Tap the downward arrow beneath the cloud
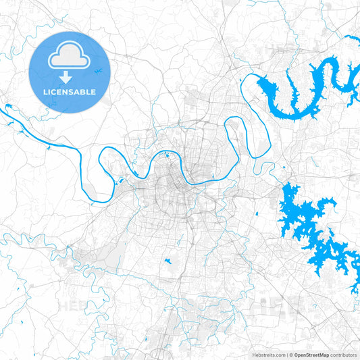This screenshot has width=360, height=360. pos(68,76)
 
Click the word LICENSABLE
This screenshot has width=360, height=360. pos(68,91)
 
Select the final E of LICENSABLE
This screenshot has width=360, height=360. pos(93,91)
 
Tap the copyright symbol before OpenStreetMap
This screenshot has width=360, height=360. pos(290,355)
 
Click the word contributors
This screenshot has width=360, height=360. pos(343,355)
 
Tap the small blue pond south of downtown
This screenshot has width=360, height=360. pos(166,261)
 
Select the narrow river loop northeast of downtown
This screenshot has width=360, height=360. pos(233,135)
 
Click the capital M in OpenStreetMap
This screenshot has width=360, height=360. pos(322,355)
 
